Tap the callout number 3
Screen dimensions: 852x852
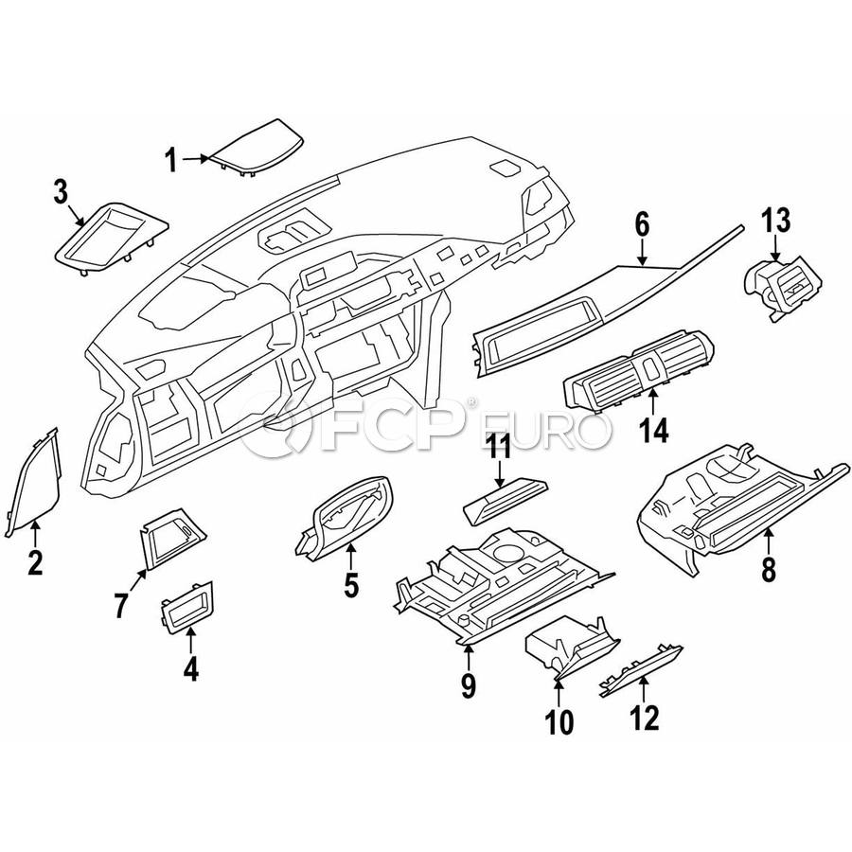[x=60, y=194]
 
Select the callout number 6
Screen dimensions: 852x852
[x=641, y=225]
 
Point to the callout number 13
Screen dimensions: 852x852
[x=775, y=223]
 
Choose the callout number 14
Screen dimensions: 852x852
[x=653, y=431]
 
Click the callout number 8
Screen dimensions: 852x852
[x=768, y=569]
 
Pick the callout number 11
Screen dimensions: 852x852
[x=499, y=447]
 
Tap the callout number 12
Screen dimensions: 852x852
[x=644, y=719]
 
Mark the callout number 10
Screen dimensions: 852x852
[x=559, y=723]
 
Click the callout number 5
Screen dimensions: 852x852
[x=351, y=586]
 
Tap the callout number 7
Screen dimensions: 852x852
[x=121, y=605]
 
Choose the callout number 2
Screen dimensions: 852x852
[x=35, y=563]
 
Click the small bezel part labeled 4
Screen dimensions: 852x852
[x=187, y=607]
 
